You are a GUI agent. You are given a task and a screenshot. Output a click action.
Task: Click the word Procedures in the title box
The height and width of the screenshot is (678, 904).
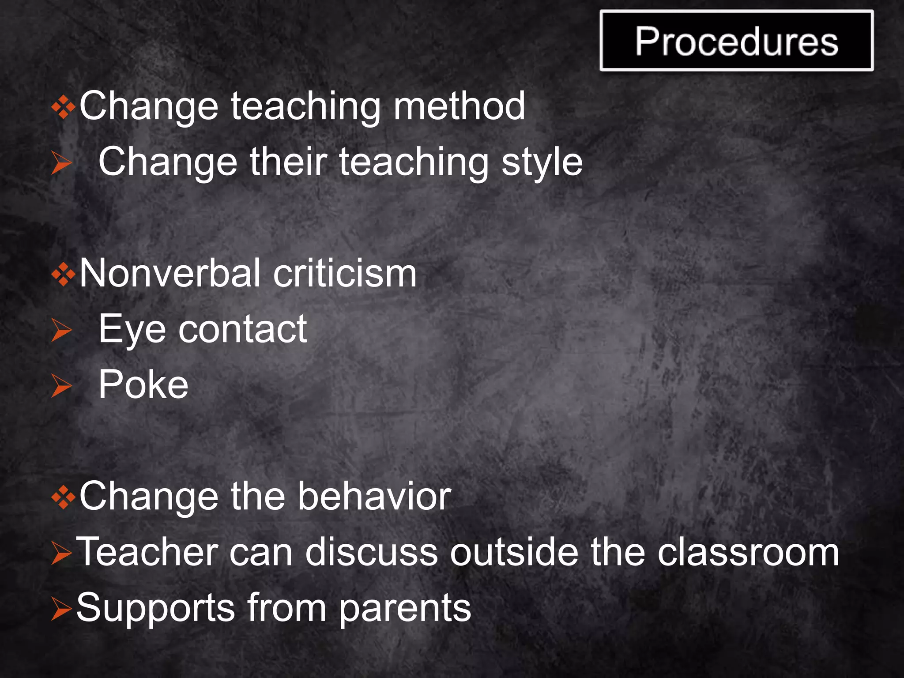[736, 41]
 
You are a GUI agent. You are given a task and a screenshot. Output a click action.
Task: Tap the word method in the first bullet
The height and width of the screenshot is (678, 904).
[459, 106]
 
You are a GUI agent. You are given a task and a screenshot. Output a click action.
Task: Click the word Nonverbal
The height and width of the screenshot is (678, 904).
[169, 274]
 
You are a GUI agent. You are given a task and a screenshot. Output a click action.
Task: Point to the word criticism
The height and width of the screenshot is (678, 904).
[345, 274]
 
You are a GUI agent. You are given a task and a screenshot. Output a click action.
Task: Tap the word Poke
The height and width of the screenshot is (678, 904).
[143, 385]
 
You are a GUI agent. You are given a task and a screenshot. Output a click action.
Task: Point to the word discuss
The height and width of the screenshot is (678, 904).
[371, 552]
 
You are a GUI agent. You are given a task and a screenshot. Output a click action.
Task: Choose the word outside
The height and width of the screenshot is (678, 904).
[514, 552]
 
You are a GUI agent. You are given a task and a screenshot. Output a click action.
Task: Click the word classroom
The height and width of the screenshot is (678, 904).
[748, 552]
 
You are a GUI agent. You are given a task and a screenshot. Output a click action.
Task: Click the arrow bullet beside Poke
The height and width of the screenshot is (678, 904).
[61, 386]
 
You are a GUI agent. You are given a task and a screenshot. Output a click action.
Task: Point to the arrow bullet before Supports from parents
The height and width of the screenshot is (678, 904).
[61, 609]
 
